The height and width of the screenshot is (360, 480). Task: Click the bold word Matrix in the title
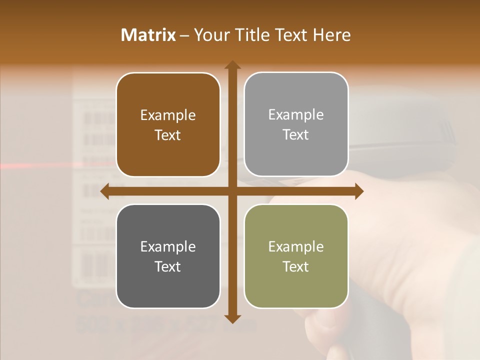point(148,35)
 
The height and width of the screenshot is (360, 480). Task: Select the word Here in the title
point(331,35)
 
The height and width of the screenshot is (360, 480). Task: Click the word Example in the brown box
point(168,115)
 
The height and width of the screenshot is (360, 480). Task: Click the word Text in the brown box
point(168,135)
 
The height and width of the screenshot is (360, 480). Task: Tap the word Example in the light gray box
point(296,115)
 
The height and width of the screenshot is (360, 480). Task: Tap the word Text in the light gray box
point(296,134)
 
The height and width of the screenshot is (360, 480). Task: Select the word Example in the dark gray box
point(168,247)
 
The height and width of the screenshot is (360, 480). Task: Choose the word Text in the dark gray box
point(168,266)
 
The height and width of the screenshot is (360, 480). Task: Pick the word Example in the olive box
point(296,247)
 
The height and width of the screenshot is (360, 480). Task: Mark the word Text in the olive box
point(296,266)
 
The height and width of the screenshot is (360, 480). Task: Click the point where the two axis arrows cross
point(232,191)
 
